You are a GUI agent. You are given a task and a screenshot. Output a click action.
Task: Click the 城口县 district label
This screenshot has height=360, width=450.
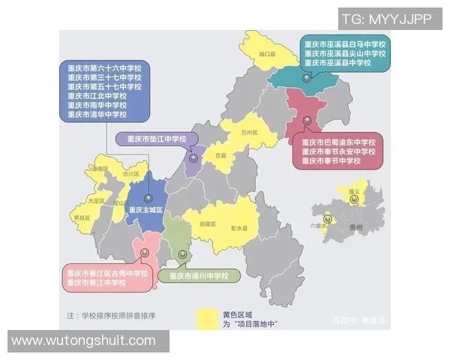click(x=267, y=55)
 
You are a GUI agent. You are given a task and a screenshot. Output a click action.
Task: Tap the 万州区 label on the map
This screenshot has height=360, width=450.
click(x=249, y=133)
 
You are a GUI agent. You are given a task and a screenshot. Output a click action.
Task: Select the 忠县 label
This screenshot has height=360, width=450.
click(x=220, y=155)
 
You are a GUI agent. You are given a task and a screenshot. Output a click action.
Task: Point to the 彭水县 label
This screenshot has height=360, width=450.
click(x=239, y=227)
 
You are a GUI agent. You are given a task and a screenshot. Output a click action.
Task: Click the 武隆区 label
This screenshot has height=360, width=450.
click(x=208, y=223)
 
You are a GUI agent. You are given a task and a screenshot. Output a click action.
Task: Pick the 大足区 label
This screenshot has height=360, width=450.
click(x=94, y=201)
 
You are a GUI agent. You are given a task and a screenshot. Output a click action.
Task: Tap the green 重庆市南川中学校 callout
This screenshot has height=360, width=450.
click(x=198, y=276)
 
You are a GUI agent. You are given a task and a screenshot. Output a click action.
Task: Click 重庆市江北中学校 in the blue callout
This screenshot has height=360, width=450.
click(x=97, y=96)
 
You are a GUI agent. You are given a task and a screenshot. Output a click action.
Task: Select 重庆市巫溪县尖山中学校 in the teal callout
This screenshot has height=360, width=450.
click(x=344, y=54)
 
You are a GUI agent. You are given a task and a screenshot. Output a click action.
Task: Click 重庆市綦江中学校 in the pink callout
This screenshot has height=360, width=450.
click(x=97, y=283)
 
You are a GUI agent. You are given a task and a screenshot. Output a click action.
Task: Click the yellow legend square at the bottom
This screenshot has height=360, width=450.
click(x=208, y=319)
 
